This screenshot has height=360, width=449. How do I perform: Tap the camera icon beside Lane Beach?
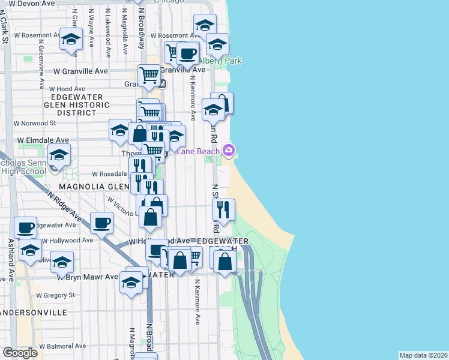[228, 150]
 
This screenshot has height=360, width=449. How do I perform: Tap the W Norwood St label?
[35, 123]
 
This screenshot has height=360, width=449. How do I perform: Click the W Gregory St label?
[55, 295]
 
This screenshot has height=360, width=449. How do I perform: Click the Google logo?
[20, 353]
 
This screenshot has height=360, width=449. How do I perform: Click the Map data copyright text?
[423, 355]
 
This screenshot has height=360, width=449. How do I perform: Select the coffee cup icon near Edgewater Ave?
[101, 223]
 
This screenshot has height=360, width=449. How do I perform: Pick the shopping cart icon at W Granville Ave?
[149, 75]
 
